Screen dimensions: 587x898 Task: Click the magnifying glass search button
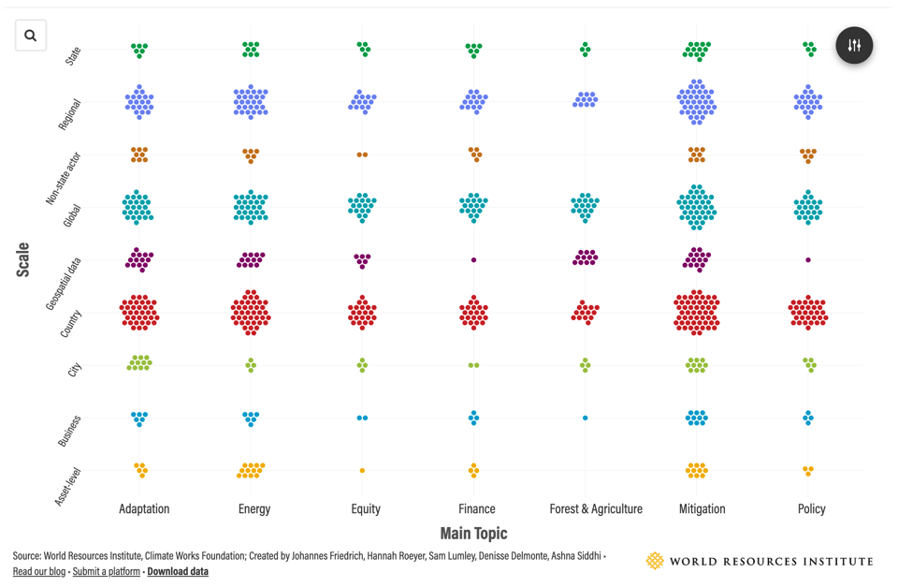click(31, 36)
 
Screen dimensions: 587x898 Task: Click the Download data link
click(178, 571)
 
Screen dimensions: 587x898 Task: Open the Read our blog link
click(39, 571)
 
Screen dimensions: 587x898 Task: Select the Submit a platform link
click(106, 571)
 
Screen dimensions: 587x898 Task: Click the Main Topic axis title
click(473, 534)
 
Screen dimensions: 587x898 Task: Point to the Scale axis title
click(22, 259)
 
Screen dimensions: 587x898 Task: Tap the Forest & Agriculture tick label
click(596, 509)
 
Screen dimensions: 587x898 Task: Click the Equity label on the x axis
click(366, 509)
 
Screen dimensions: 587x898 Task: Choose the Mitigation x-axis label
click(702, 509)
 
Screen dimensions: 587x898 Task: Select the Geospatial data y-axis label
click(65, 284)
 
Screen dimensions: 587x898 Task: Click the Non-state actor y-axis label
click(65, 178)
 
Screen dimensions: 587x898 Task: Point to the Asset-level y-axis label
click(68, 487)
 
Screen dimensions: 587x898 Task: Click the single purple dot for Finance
click(474, 260)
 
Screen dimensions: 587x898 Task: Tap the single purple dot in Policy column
click(808, 260)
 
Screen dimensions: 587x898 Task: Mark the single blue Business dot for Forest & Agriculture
click(586, 418)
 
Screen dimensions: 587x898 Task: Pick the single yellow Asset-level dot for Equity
click(363, 471)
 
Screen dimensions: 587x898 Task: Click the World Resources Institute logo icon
click(655, 561)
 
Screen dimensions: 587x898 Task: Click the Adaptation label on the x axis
click(144, 509)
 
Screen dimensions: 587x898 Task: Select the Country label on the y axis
click(71, 324)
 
